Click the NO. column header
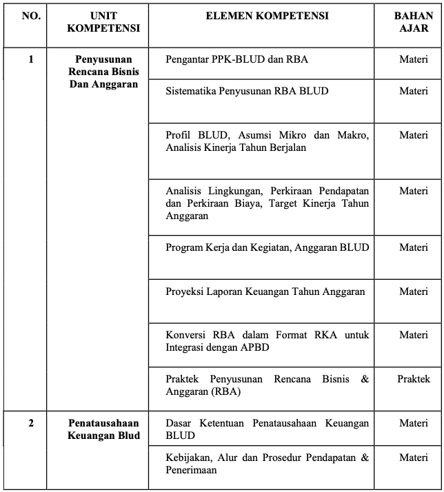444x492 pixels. [x=31, y=16]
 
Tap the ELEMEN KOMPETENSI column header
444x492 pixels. [x=267, y=16]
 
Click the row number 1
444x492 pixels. [x=31, y=59]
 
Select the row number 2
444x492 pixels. [x=31, y=423]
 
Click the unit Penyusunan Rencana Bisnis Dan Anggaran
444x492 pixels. [x=103, y=72]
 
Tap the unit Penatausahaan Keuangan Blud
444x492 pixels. [x=103, y=429]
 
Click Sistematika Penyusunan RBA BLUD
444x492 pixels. [x=247, y=91]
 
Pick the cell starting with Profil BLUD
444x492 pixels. [x=267, y=141]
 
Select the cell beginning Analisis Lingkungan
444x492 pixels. [x=267, y=203]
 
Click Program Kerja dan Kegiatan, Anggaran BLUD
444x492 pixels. [x=267, y=247]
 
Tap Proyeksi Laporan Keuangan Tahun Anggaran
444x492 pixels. [x=265, y=291]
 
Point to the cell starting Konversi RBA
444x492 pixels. [x=267, y=341]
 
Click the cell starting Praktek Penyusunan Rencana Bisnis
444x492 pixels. [x=267, y=385]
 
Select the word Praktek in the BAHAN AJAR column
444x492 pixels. [x=413, y=379]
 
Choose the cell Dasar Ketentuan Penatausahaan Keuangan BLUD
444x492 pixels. [x=267, y=429]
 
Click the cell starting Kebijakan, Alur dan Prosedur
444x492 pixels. [x=267, y=464]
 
